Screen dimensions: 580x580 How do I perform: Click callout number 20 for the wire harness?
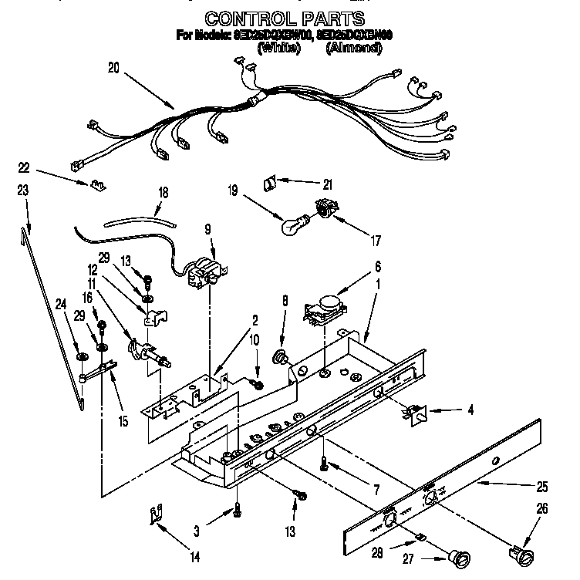(113, 68)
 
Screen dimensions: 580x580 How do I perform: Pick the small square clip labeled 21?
(269, 184)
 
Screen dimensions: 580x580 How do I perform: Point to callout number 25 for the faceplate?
(542, 487)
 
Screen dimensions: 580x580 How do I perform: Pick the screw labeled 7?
(324, 465)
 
